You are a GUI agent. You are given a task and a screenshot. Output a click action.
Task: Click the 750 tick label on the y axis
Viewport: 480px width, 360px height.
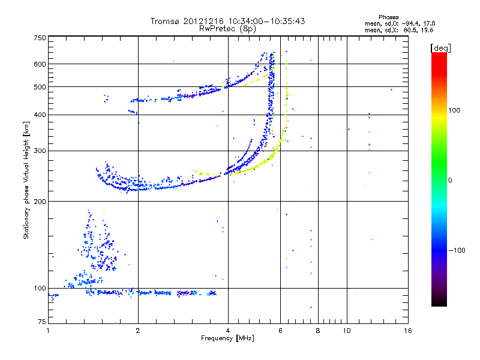40,37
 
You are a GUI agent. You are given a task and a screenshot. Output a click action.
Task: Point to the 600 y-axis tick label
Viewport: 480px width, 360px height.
40,64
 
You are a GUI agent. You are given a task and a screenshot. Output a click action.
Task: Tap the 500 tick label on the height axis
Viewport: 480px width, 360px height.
40,86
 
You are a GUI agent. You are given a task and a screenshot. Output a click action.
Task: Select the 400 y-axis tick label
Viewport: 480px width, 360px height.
40,115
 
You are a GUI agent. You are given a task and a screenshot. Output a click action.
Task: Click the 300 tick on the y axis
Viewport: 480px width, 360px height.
40,151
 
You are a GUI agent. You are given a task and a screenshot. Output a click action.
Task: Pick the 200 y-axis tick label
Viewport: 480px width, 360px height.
40,201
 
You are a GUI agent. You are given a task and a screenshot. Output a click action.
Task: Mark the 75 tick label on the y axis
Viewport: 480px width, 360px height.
41,323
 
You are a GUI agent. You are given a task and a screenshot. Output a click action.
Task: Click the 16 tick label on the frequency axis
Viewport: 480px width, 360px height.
407,331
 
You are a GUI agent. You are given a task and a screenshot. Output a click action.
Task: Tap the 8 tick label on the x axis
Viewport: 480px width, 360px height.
318,331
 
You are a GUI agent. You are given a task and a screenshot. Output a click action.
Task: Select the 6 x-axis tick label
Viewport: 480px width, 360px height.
280,331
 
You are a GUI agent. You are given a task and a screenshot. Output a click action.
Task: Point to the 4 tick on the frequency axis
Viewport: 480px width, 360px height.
228,331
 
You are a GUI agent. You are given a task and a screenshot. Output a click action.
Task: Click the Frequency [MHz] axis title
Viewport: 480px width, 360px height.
227,339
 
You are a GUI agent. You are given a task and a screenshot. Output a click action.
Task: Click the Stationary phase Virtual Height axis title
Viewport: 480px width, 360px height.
26,180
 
